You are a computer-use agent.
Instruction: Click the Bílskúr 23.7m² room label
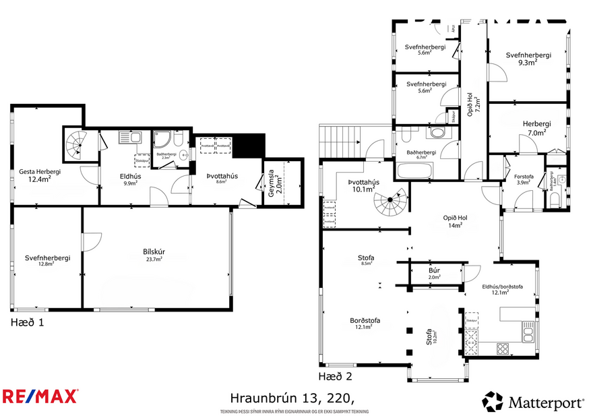click(x=154, y=255)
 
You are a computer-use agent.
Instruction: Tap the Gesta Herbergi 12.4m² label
click(x=39, y=175)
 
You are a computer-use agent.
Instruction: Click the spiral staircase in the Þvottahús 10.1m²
click(x=392, y=203)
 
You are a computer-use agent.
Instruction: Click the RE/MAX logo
click(x=40, y=396)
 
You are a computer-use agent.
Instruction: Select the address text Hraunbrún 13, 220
click(x=292, y=397)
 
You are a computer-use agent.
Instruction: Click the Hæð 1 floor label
click(x=28, y=322)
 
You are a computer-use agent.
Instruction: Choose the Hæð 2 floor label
click(x=335, y=376)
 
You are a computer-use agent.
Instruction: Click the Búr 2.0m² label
click(x=435, y=273)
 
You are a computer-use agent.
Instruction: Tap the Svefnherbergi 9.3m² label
click(x=528, y=59)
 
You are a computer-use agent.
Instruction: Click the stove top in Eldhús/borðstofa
click(x=503, y=349)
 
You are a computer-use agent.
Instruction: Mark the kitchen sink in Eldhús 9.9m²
click(x=129, y=138)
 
